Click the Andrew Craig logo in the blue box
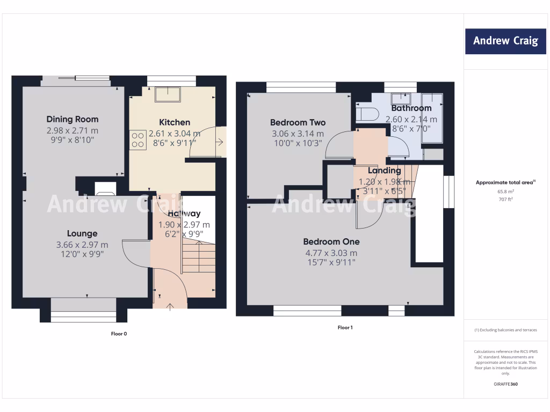(505, 41)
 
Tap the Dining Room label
(73, 119)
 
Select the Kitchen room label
(175, 122)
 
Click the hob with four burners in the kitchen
(137, 140)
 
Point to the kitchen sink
(168, 94)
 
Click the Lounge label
(82, 233)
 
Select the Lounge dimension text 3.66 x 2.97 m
(82, 245)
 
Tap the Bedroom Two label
(298, 122)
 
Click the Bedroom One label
(331, 241)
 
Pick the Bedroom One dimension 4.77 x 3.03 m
(331, 253)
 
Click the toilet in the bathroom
(368, 114)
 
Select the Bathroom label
(411, 108)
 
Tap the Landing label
(384, 171)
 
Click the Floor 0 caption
(118, 334)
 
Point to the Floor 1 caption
(345, 327)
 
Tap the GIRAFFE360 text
(505, 384)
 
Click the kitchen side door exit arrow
(220, 142)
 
